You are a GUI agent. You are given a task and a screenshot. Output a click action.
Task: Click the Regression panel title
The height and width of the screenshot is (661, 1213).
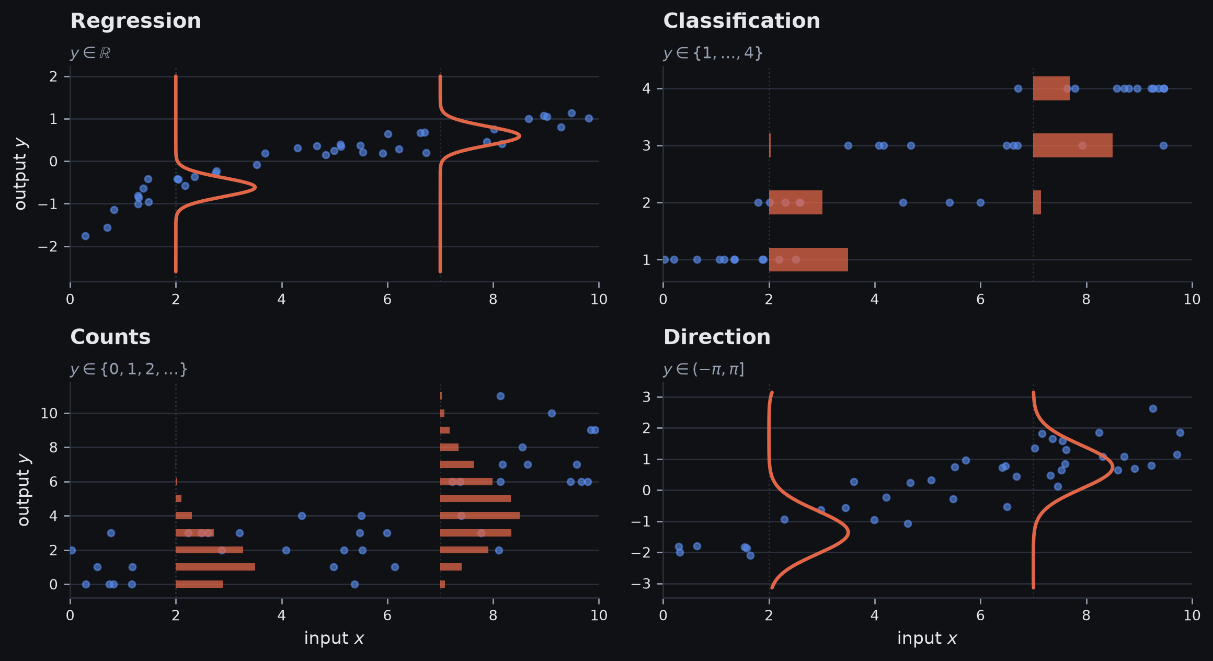(135, 21)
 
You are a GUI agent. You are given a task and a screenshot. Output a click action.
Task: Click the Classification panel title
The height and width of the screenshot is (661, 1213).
(741, 21)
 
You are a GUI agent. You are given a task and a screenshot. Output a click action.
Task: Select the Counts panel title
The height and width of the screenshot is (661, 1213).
(110, 337)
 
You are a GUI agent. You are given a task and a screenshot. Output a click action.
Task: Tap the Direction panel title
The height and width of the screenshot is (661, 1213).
(717, 337)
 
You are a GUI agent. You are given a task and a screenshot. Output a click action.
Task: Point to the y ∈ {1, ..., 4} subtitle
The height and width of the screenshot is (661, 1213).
(713, 53)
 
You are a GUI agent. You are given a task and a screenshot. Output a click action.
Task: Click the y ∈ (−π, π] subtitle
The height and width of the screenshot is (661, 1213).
(704, 370)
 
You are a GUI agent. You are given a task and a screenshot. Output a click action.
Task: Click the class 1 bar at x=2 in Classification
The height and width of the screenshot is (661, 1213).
(808, 260)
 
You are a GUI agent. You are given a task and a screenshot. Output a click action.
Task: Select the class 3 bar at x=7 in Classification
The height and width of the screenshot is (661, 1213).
(1072, 145)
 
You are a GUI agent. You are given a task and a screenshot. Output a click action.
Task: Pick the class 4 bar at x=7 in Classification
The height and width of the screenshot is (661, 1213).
(1051, 88)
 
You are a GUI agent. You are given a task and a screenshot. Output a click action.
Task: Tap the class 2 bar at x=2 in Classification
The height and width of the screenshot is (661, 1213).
(795, 202)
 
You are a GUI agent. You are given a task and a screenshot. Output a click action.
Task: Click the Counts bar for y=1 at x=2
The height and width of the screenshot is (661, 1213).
(215, 567)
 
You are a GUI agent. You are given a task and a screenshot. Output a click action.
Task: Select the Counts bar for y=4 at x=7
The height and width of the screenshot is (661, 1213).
(480, 516)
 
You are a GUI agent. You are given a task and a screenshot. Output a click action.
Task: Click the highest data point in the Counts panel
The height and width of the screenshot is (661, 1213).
(500, 396)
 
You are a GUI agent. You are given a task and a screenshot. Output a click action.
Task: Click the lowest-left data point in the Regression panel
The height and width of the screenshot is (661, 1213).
(85, 236)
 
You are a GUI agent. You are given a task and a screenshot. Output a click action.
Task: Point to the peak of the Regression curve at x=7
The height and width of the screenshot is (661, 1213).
(520, 136)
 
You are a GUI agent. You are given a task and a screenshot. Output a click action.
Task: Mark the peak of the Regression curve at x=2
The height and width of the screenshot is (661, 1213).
(255, 187)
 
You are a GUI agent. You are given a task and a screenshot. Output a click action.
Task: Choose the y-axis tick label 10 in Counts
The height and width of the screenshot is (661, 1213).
(49, 414)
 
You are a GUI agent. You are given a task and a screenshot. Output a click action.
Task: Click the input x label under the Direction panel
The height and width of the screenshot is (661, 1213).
(927, 639)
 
